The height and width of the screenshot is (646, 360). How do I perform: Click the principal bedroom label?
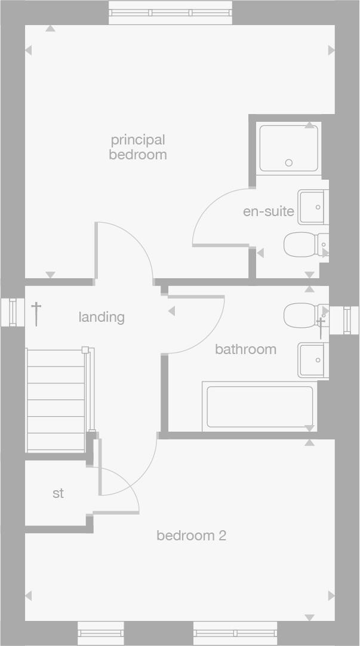(137, 147)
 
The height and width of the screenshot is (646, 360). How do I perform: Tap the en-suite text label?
(269, 211)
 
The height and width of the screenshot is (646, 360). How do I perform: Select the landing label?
(101, 317)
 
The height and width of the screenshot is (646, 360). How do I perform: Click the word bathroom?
(245, 349)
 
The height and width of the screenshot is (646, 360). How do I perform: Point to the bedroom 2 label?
(191, 536)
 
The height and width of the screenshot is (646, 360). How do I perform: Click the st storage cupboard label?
(58, 494)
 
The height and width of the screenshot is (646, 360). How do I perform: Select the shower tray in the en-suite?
(288, 147)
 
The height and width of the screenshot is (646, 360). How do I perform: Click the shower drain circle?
(289, 162)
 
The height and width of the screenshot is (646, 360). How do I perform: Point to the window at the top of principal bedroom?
(170, 13)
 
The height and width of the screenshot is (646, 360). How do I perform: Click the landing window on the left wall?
(13, 312)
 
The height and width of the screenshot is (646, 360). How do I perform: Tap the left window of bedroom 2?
(101, 632)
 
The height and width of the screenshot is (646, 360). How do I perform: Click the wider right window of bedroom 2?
(235, 632)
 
